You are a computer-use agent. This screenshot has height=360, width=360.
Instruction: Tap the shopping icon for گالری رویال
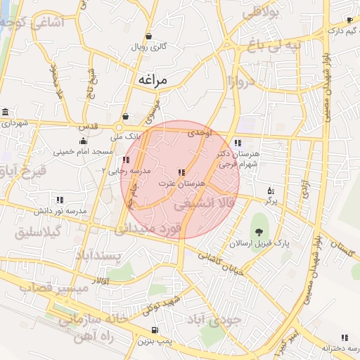pos(148,36)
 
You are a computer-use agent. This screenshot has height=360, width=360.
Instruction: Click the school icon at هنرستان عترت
pos(181,172)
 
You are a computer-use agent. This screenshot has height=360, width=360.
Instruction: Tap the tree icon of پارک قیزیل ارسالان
pos(260,231)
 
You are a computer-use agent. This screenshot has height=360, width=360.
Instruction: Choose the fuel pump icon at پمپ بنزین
pos(154,330)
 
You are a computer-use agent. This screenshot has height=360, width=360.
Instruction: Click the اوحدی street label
pos(200,132)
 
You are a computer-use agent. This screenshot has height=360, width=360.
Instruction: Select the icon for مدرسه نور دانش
pos(60,200)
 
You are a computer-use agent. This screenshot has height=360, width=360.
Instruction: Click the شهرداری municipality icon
pos(6,113)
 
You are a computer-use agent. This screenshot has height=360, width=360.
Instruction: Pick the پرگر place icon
pos(271,191)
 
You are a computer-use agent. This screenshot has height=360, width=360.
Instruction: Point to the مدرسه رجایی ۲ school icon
pos(127,160)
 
